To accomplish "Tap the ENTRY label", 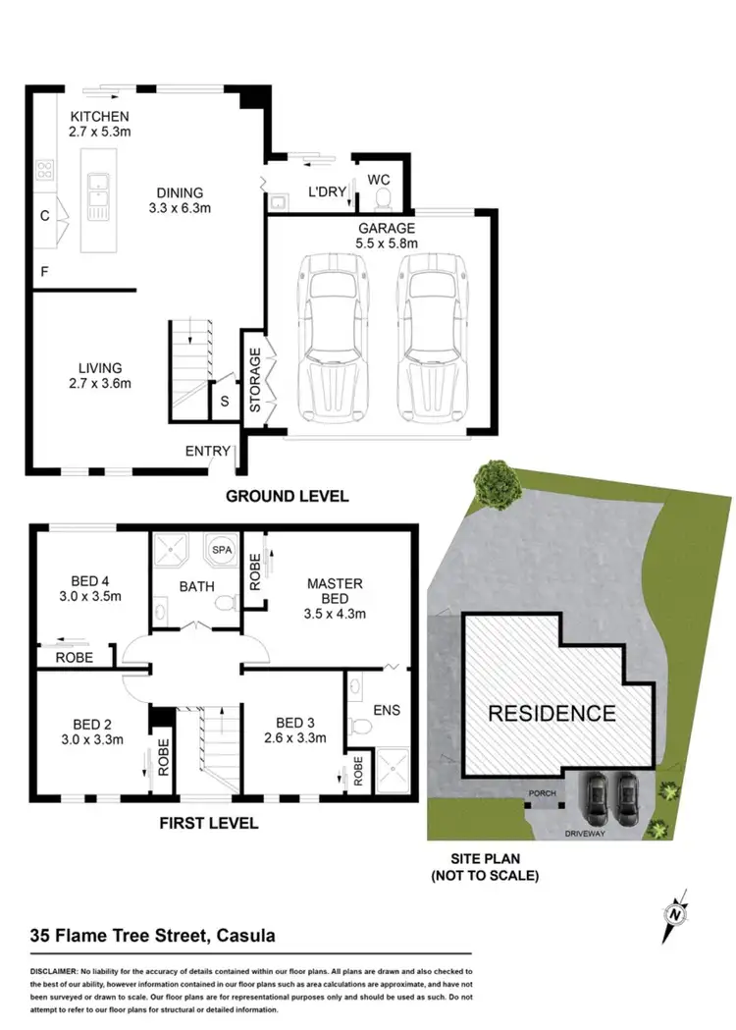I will [207, 452].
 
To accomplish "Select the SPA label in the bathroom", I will [222, 551].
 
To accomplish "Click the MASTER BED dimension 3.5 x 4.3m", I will [335, 615].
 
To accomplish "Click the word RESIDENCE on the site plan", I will [552, 714].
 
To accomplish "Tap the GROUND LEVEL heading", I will [287, 496].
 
